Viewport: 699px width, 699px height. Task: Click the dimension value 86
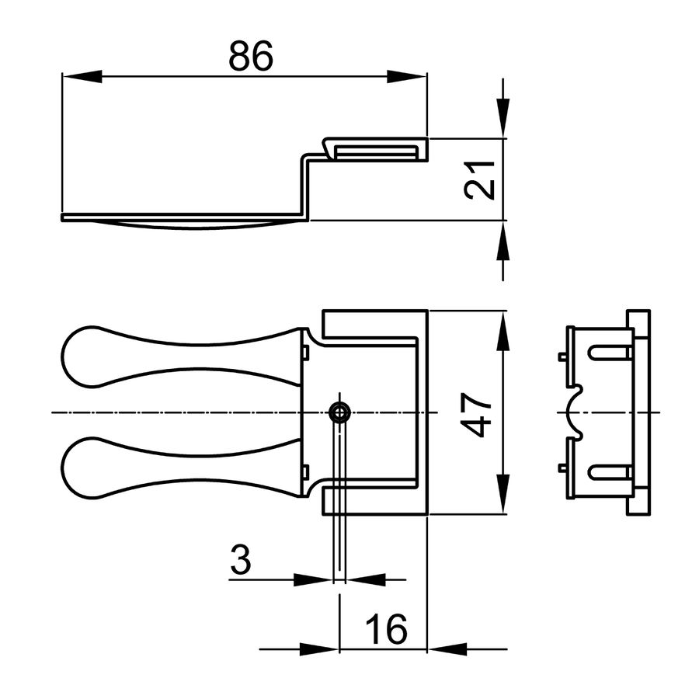251,57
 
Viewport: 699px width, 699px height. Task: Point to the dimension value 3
242,559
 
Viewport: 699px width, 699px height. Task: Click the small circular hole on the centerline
339,412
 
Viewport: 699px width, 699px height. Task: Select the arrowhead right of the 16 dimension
447,649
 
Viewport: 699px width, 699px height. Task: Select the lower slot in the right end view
610,471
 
